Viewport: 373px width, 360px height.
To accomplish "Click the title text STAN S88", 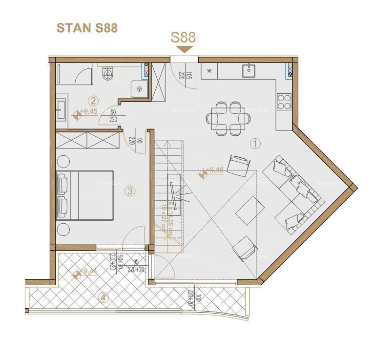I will pos(87,28).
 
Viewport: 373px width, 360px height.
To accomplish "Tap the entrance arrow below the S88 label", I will pos(185,49).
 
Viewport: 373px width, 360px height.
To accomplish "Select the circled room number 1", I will pos(255,144).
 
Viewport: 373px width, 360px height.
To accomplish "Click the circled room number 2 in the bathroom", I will pos(93,101).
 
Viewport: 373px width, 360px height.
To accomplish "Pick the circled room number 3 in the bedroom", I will pos(130,191).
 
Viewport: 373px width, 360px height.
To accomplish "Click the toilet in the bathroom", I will pos(108,73).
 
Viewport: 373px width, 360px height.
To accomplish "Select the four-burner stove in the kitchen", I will pos(284,101).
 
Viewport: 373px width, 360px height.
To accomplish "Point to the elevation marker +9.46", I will pos(214,170).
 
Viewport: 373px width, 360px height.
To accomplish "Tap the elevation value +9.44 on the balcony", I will pos(88,272).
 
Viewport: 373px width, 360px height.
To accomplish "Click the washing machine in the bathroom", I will pos(140,89).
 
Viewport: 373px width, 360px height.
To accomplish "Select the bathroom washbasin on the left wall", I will pos(60,109).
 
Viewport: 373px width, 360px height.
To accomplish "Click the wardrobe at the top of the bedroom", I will pos(87,140).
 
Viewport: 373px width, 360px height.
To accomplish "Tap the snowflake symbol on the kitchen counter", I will pos(209,71).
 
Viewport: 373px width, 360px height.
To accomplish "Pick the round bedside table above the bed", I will pos(63,161).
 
